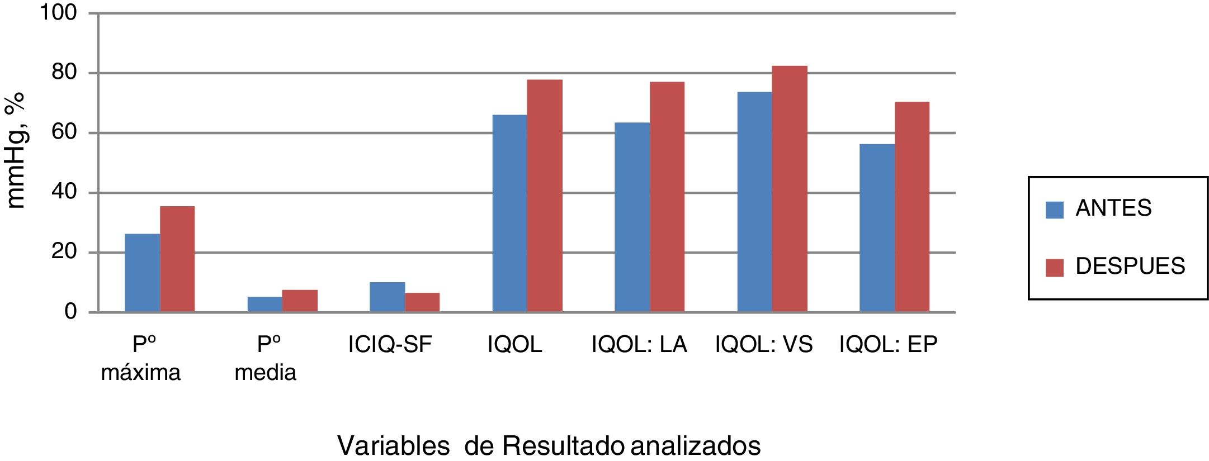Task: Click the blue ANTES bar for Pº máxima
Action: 142,273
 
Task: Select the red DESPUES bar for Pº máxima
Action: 177,259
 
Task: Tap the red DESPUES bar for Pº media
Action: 300,301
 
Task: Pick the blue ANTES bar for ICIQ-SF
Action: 387,297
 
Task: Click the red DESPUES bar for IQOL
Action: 545,196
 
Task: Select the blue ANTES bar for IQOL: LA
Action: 632,217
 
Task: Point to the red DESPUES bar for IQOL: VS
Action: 790,189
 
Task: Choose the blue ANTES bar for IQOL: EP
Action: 877,228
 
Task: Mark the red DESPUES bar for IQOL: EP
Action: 912,207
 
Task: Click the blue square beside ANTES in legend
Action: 1054,210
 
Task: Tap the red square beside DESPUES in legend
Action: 1054,268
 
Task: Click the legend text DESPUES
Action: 1130,267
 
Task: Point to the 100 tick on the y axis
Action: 58,12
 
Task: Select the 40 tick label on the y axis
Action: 63,192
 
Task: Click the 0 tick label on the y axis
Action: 70,311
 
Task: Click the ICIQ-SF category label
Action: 390,345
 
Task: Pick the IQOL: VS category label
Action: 763,345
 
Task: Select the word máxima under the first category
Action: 141,373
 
